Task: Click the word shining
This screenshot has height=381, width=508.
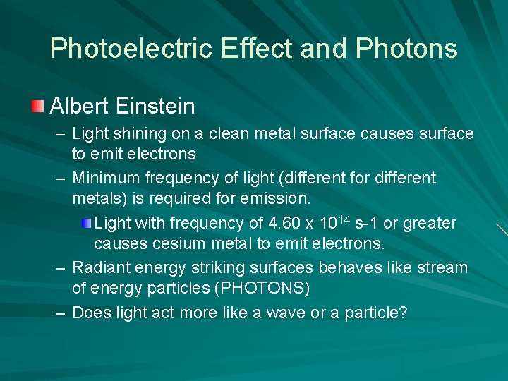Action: tap(134, 134)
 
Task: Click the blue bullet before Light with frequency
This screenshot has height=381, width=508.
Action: tap(86, 224)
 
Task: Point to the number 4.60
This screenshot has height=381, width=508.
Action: tap(284, 224)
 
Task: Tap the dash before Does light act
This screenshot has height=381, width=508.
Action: tap(62, 313)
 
